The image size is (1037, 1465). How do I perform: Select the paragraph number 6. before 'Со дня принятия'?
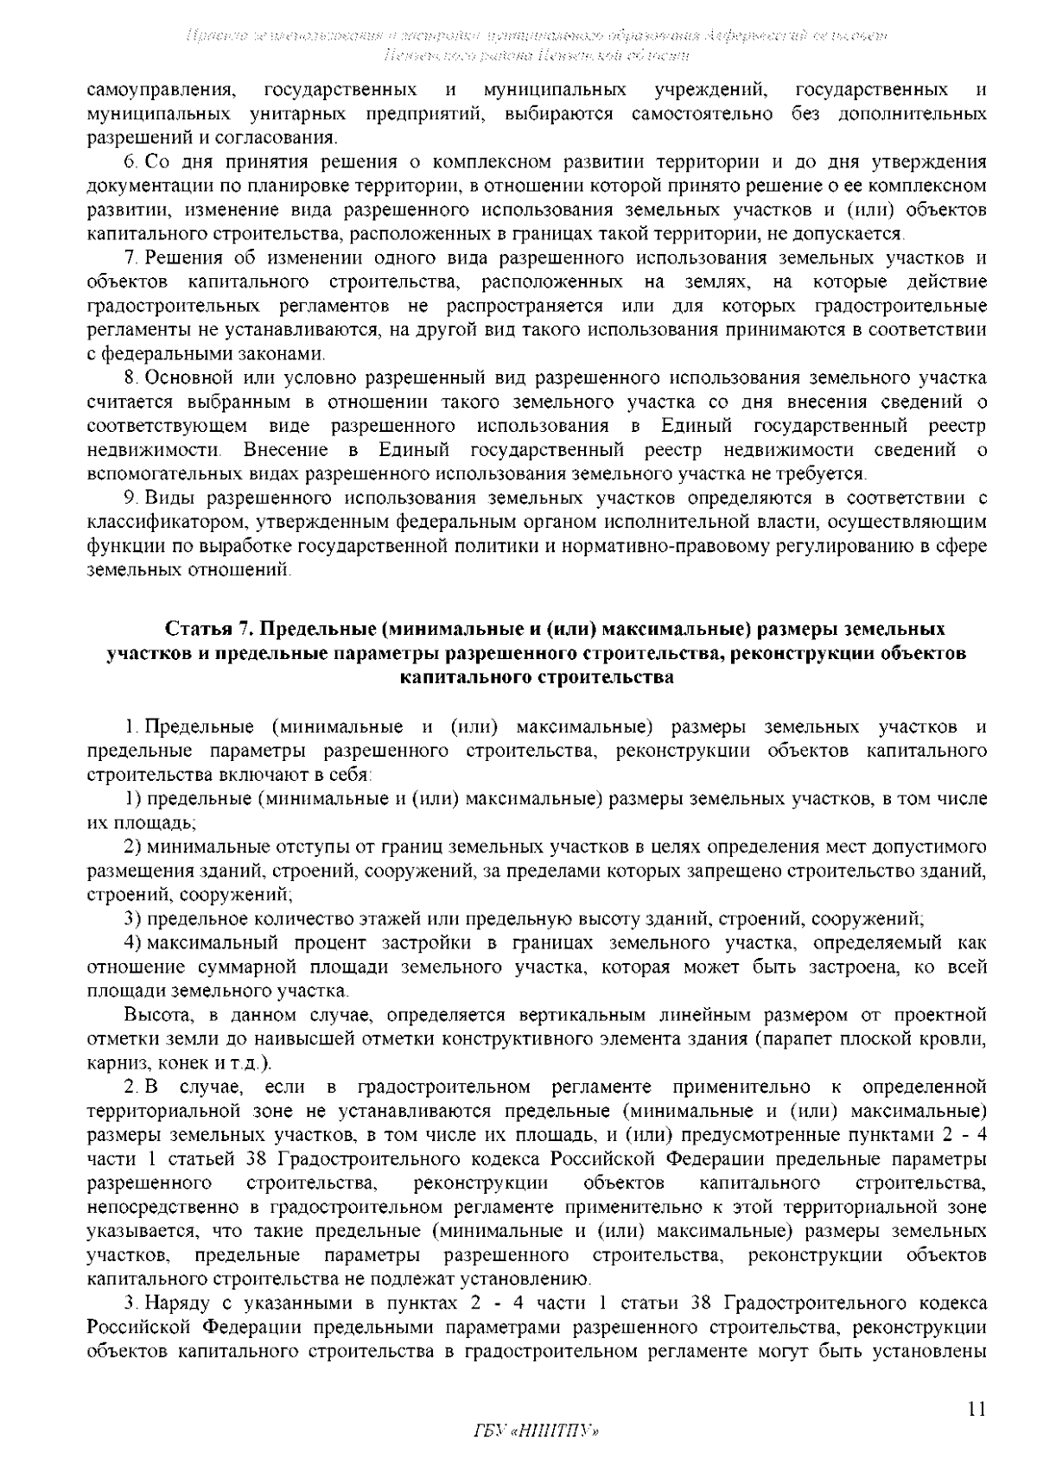point(131,162)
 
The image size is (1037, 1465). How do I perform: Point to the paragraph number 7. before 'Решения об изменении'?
point(131,258)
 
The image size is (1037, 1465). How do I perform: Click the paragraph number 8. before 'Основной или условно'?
point(131,378)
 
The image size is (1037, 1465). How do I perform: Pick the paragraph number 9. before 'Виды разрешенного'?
point(131,498)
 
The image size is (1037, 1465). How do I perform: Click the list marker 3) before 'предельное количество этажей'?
point(132,918)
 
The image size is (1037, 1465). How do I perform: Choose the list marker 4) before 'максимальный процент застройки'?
point(132,942)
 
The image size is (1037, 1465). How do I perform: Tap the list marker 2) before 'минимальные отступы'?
point(132,846)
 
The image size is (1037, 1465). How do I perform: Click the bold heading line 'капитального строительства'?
point(536,677)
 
